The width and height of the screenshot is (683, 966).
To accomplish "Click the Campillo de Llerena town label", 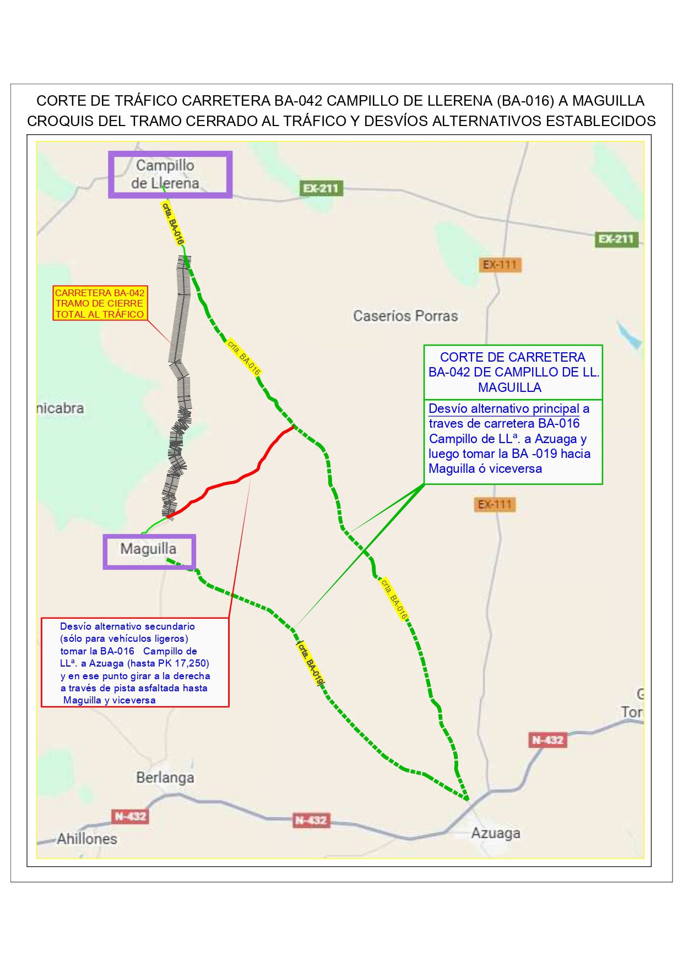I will (165, 174).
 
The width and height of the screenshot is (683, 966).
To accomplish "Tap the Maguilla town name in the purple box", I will (148, 549).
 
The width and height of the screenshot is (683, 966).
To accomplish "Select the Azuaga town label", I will (495, 833).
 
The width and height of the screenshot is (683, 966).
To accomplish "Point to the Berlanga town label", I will (165, 778).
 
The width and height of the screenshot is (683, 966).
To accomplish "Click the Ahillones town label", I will (87, 839).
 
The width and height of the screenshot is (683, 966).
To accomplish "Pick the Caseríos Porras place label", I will (405, 316).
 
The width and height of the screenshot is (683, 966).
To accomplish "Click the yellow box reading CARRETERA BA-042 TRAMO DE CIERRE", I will (100, 303).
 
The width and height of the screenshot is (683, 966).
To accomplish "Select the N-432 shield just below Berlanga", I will (130, 816).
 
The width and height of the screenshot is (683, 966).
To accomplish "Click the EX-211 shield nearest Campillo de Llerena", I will (321, 188).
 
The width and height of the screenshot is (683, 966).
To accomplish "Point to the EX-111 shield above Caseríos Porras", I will (500, 265).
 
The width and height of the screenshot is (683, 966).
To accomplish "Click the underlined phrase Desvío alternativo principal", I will (503, 408).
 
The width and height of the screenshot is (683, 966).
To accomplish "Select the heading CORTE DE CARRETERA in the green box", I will (512, 357).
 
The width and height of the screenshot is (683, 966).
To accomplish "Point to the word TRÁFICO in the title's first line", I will (146, 101).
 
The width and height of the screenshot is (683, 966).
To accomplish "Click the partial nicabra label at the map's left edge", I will (61, 408).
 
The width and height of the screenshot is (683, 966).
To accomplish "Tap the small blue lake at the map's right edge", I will (630, 335).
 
